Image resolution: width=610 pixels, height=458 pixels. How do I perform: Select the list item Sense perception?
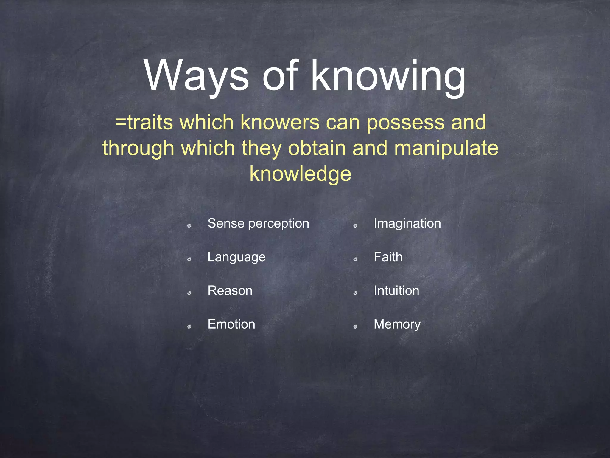(x=258, y=223)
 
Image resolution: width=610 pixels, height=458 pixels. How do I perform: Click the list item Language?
(x=236, y=257)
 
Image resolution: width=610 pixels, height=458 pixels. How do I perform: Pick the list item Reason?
(x=230, y=291)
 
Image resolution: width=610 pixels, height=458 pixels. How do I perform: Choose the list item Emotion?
(x=231, y=324)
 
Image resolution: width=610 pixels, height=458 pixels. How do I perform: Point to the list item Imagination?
(x=407, y=223)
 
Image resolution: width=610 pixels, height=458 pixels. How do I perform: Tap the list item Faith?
(x=388, y=257)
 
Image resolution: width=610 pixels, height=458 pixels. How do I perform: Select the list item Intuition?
(x=396, y=291)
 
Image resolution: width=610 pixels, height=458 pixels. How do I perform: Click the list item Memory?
(x=397, y=324)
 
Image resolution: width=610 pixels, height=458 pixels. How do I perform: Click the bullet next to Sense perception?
(x=189, y=226)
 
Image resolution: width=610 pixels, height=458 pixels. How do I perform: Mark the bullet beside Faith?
(x=355, y=259)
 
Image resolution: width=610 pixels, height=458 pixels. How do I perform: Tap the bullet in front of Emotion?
(x=189, y=327)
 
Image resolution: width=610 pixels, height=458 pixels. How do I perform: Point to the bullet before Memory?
(x=355, y=327)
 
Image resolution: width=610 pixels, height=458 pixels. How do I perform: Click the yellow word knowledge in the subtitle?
(x=301, y=174)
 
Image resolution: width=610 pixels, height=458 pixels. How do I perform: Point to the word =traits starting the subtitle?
(x=144, y=122)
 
